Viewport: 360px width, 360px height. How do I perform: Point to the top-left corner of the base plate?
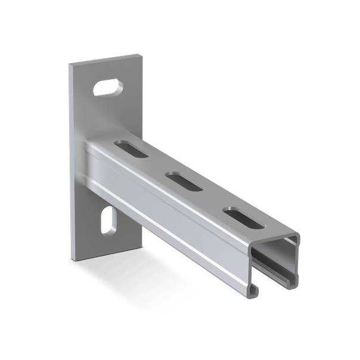coord(70,64)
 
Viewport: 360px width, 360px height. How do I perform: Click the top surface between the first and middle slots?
coord(156,165)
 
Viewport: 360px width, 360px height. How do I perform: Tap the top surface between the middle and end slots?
coord(212,198)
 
